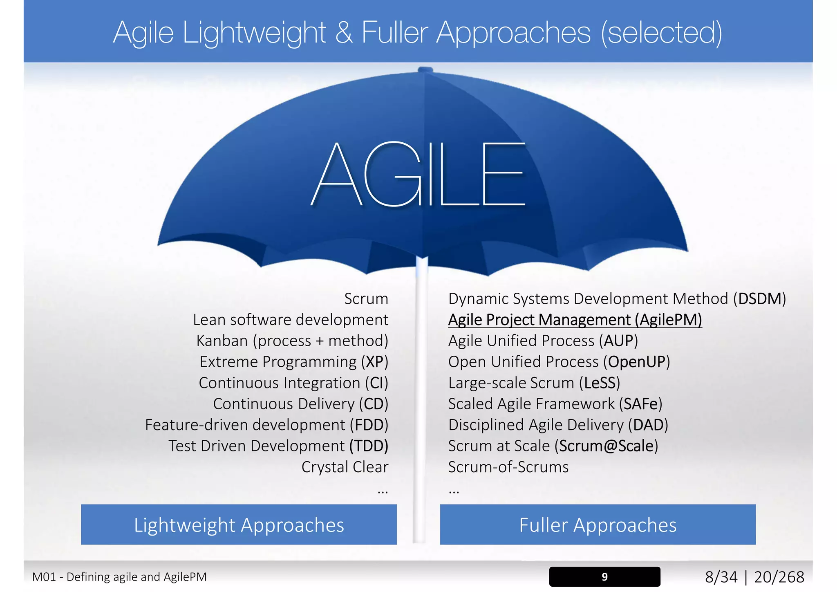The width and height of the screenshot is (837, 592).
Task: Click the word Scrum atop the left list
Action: pos(366,299)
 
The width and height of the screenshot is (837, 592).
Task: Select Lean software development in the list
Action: pos(291,320)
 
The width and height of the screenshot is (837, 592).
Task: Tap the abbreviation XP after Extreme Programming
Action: pos(374,362)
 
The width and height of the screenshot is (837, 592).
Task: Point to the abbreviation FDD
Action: pos(369,425)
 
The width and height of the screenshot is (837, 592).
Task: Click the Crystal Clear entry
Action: pos(345,467)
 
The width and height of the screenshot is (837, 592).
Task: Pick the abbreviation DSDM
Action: pos(759,299)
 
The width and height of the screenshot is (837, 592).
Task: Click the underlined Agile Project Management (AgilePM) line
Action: pos(575,320)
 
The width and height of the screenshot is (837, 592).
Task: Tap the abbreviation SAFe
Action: pos(640,404)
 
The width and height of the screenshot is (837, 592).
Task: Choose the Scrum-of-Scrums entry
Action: pos(508,467)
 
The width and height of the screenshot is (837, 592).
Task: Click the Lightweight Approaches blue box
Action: pos(239,525)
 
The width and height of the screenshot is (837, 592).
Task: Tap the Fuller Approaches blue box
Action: pos(598,525)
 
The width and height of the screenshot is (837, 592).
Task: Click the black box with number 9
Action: pos(604,576)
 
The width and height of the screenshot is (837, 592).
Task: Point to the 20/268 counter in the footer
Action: pos(779,577)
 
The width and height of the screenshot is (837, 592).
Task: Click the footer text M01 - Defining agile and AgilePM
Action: pos(119,577)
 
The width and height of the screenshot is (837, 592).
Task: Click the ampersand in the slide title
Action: pos(344,32)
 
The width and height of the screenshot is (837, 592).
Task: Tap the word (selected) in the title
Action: pos(661,33)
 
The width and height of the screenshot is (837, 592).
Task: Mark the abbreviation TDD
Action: pos(368,446)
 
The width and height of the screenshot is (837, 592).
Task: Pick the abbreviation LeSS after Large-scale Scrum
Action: pos(600,383)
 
